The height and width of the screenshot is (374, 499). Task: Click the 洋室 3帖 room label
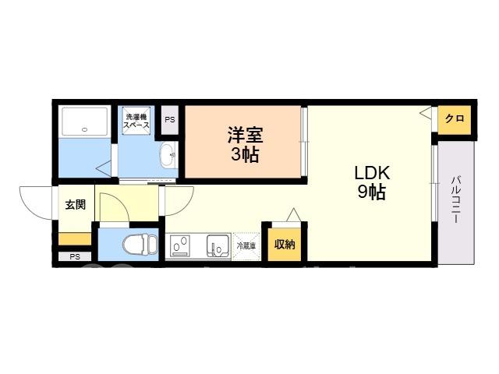click(x=245, y=145)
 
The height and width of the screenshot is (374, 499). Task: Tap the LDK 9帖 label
click(x=372, y=182)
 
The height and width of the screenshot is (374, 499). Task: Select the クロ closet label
click(x=455, y=118)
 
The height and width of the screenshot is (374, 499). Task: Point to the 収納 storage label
click(x=285, y=244)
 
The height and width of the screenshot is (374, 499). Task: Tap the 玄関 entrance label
click(x=76, y=204)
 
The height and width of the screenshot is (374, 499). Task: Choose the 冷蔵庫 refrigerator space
click(x=246, y=246)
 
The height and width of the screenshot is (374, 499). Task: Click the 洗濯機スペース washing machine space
click(x=136, y=121)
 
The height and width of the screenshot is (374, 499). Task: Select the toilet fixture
click(x=140, y=244)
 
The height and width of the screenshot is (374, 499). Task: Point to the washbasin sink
click(x=168, y=155)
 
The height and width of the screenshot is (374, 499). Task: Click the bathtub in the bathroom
click(x=85, y=122)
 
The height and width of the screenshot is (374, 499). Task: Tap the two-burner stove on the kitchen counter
click(x=180, y=245)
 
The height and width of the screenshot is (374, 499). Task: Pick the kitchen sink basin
click(x=218, y=245)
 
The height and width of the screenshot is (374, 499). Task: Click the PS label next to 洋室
click(x=170, y=120)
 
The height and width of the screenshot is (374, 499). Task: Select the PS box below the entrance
click(x=75, y=256)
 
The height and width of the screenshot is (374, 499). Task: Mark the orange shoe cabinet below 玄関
click(x=75, y=238)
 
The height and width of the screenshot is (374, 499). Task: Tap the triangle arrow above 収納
click(x=293, y=214)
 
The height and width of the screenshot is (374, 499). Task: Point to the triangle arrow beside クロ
click(x=426, y=112)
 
